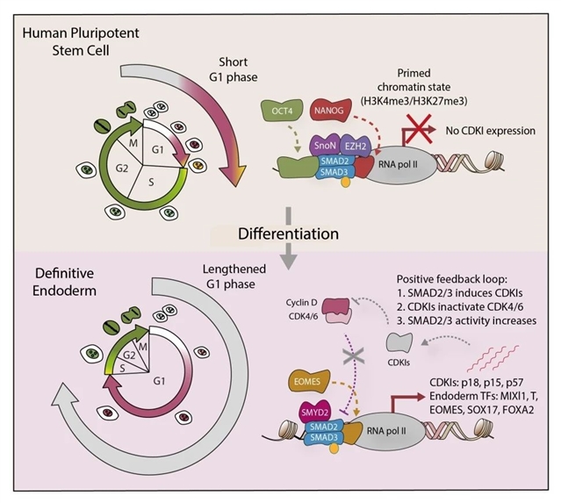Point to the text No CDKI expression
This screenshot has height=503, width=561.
pos(489,132)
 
